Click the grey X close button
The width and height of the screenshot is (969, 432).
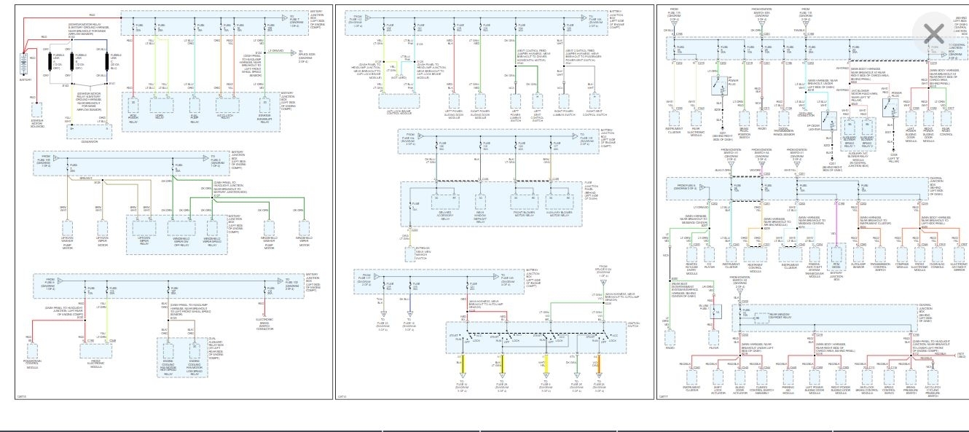coord(933,32)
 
